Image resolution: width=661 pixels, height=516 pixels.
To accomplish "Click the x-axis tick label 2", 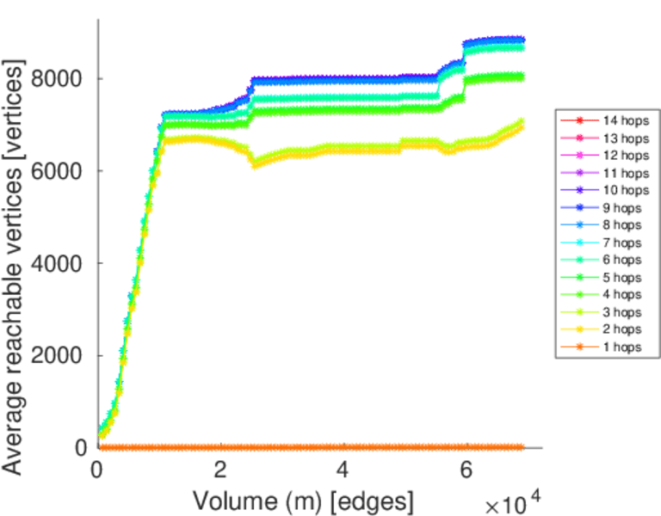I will [x=221, y=472].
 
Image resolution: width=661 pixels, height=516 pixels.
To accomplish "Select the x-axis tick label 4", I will [x=343, y=472].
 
